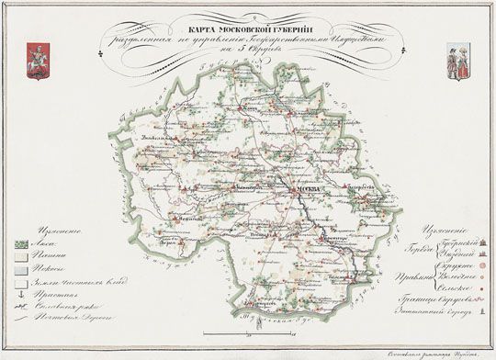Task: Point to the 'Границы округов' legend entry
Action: (x=441, y=298)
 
